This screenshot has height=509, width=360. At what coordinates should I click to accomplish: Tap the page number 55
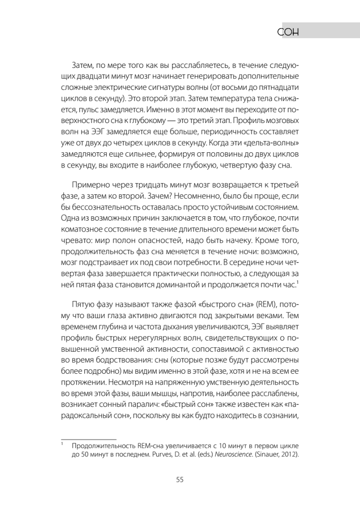(179, 480)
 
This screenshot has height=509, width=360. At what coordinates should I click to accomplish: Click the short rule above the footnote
(89, 439)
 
